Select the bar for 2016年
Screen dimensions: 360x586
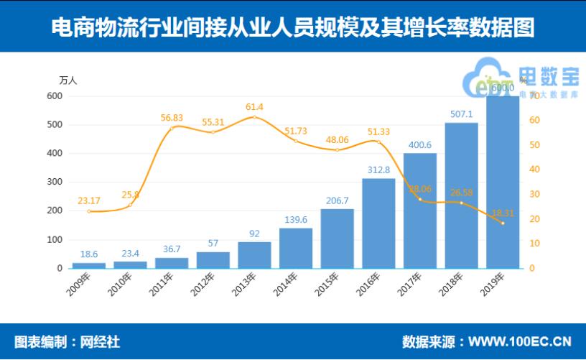tap(378, 223)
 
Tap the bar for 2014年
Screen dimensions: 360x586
tap(296, 248)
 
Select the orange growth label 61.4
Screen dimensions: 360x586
tap(255, 106)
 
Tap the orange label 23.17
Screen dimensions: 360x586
tap(89, 200)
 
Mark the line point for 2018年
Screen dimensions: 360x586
tap(461, 203)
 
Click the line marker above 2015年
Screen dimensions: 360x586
tap(338, 149)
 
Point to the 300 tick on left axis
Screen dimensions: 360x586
tap(55, 182)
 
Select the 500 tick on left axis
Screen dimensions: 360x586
tap(55, 124)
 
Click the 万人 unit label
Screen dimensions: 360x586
tap(68, 80)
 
